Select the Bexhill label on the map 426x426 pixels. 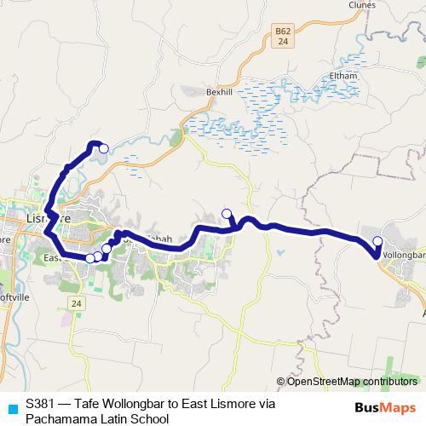[x=219, y=91]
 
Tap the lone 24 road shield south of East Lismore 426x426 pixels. [x=78, y=304]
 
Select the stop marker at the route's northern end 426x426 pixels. [x=104, y=148]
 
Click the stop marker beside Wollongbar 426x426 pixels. [x=378, y=241]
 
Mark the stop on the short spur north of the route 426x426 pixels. [x=226, y=214]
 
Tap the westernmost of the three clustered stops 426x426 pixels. [x=89, y=258]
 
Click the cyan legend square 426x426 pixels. [x=11, y=407]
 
